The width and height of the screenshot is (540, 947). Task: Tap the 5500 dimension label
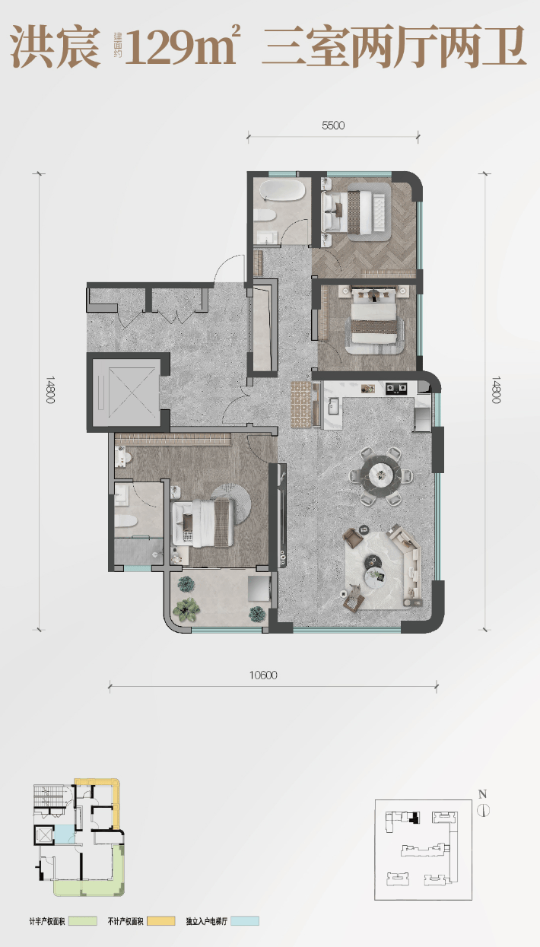(333, 126)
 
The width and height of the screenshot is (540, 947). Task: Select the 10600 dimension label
(263, 675)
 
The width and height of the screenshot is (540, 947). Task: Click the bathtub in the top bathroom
(282, 191)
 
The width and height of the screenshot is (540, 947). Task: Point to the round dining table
(385, 476)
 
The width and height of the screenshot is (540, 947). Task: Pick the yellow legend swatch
(160, 921)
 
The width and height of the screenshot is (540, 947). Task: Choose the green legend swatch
(82, 921)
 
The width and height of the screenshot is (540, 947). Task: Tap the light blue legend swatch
(245, 921)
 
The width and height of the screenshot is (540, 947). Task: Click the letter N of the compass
(482, 794)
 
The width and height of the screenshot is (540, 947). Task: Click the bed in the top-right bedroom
(355, 211)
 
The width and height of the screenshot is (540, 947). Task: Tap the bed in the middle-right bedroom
(375, 320)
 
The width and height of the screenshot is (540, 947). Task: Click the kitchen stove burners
(396, 388)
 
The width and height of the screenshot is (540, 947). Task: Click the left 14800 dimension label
(50, 389)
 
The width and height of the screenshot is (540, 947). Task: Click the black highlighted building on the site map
(415, 818)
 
